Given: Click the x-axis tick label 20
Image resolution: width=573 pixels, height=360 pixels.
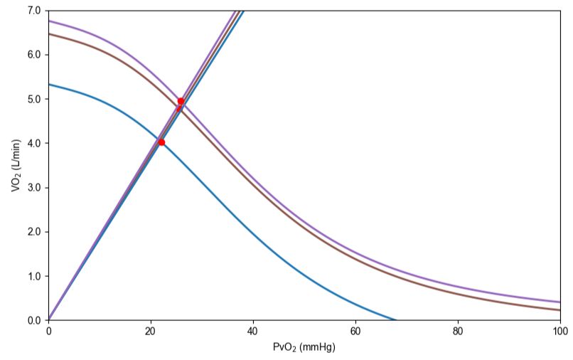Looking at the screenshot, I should (x=151, y=331).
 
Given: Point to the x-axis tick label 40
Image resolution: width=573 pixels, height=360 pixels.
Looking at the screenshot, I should (x=253, y=331).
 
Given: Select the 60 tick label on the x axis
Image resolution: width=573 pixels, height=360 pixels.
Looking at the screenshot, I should (x=355, y=331).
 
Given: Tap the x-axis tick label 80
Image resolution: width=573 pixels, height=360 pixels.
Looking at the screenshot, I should (x=458, y=331).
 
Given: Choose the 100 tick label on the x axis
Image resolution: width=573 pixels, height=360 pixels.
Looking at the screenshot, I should (x=559, y=331).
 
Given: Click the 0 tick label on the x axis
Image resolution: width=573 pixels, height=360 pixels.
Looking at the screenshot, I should (x=48, y=331).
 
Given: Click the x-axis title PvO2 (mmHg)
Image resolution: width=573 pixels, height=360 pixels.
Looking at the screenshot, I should (x=304, y=348).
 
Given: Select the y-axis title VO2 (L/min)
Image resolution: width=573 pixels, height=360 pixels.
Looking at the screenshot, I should (x=15, y=165).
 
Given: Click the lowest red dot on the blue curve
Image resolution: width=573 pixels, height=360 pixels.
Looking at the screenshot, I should (x=161, y=142).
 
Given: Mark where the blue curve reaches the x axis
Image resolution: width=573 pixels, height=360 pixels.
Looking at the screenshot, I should (x=395, y=319).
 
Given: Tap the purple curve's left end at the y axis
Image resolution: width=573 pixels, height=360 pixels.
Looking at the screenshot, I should (x=49, y=21).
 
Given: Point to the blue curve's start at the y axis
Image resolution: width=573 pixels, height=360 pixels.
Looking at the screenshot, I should (x=49, y=85).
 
